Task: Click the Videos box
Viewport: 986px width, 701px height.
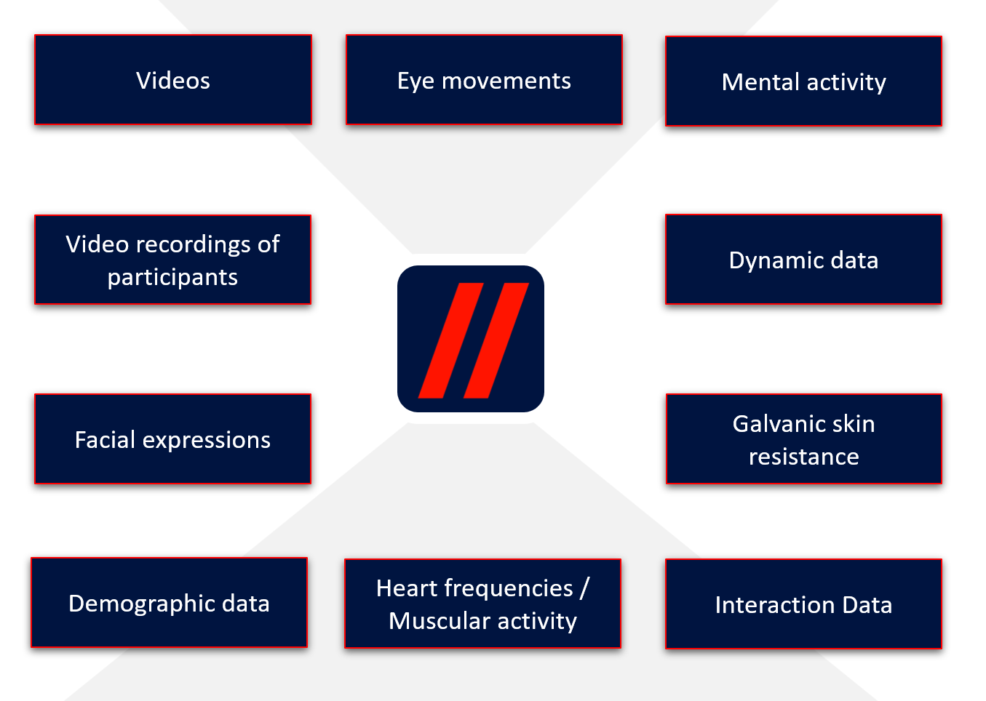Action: click(x=173, y=80)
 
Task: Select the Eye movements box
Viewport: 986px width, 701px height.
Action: click(x=484, y=80)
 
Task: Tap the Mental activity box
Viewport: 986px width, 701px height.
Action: click(x=803, y=81)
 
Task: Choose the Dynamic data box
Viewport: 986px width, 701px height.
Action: click(x=803, y=260)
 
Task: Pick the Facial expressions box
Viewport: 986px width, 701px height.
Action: click(x=172, y=439)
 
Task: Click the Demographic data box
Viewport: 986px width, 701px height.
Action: click(x=169, y=603)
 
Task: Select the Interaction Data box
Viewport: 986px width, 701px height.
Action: click(x=803, y=604)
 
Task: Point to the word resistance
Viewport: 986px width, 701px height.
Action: click(x=803, y=457)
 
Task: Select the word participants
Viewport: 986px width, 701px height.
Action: click(x=172, y=277)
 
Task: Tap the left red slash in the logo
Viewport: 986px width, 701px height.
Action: click(x=450, y=340)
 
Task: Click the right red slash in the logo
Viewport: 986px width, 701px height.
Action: click(x=496, y=340)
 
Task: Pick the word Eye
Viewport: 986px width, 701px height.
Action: click(x=416, y=81)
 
